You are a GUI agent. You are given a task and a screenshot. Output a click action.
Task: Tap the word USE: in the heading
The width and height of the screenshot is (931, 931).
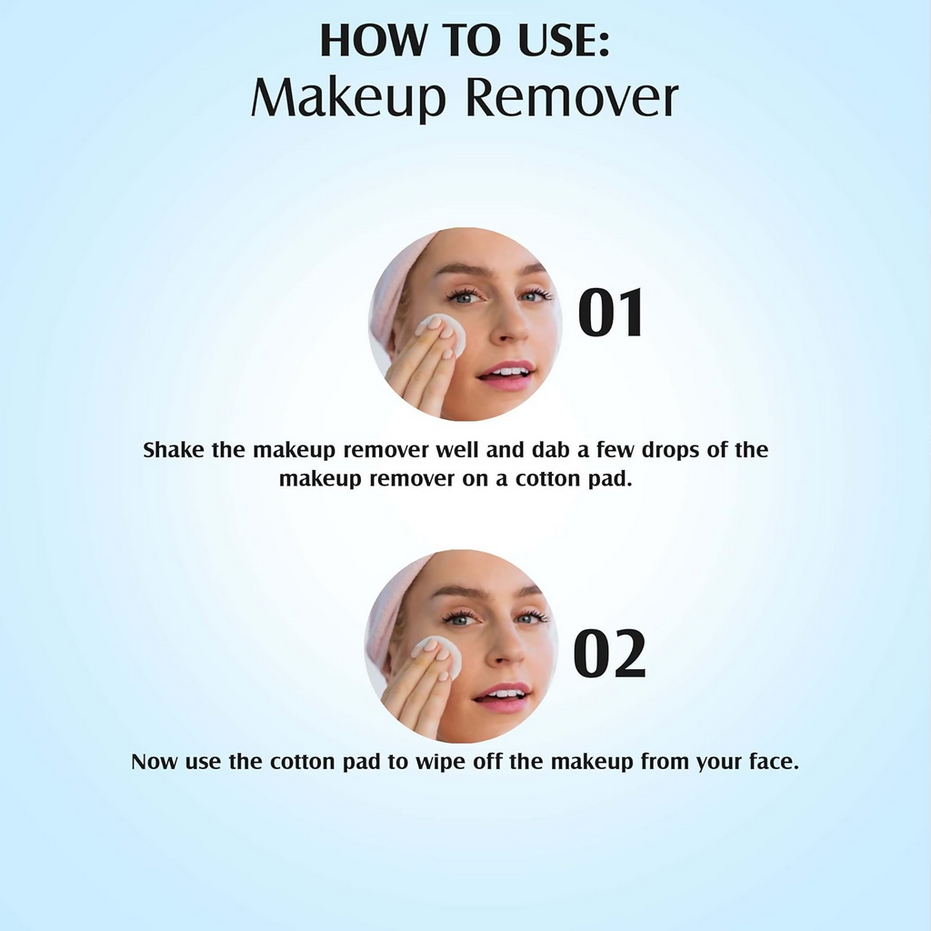coord(559,43)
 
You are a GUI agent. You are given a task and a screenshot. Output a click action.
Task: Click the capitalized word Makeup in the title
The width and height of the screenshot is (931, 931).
coord(348,99)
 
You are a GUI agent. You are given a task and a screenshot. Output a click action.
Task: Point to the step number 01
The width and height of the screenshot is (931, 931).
coord(611,314)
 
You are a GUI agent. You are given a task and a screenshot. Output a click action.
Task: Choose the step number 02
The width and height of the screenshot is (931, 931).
coord(609,656)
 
